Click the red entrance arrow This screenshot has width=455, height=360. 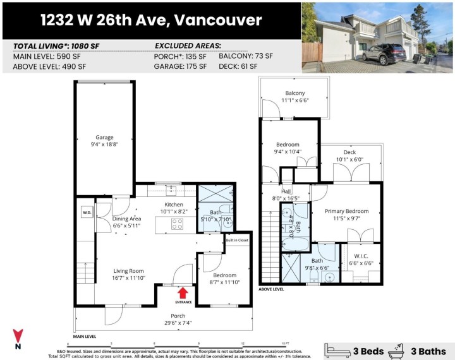pos(183,292)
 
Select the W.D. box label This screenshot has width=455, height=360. pos(87,212)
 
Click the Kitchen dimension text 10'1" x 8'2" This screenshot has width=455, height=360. pos(174,212)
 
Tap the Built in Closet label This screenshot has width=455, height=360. pos(236,240)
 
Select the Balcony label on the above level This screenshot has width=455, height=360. pos(294,93)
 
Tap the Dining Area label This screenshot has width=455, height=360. pos(126,219)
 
